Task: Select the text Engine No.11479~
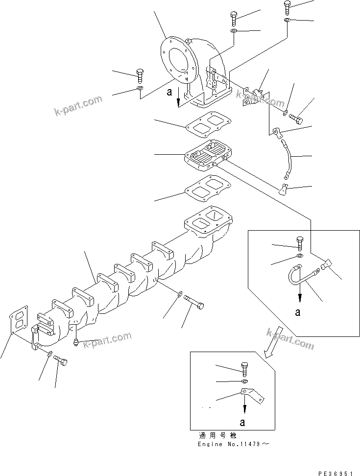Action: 234,444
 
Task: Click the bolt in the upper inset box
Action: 300,242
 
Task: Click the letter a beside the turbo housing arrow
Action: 169,92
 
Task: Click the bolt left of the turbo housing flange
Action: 140,75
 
